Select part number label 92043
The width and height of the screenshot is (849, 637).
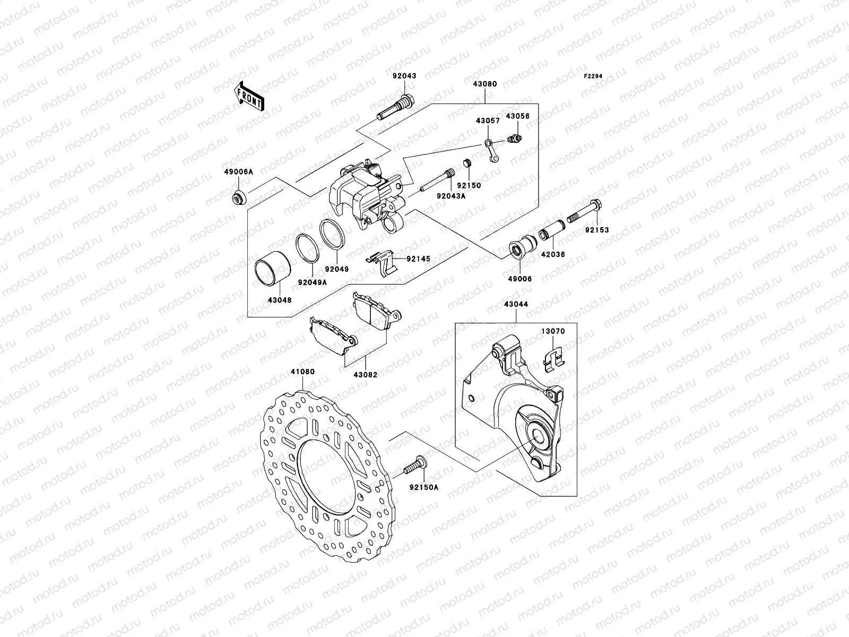tap(404, 76)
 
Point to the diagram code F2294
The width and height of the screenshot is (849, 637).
tap(593, 76)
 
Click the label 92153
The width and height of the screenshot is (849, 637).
tap(597, 230)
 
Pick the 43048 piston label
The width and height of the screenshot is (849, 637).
tap(280, 300)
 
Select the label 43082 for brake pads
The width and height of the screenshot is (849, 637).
tap(366, 374)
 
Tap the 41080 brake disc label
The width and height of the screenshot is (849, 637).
tap(302, 372)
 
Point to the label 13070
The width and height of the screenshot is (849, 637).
tap(553, 331)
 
